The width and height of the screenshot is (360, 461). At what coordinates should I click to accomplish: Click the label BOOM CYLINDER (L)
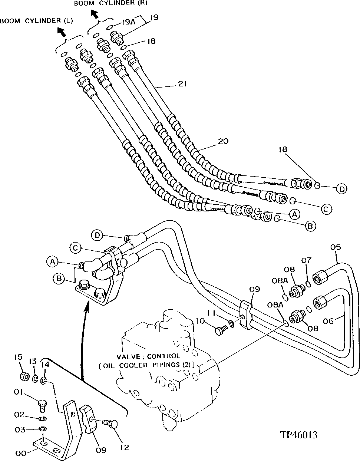(36, 21)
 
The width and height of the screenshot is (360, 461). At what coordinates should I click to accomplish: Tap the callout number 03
(20, 429)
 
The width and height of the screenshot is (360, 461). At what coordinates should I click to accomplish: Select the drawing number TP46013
(298, 435)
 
